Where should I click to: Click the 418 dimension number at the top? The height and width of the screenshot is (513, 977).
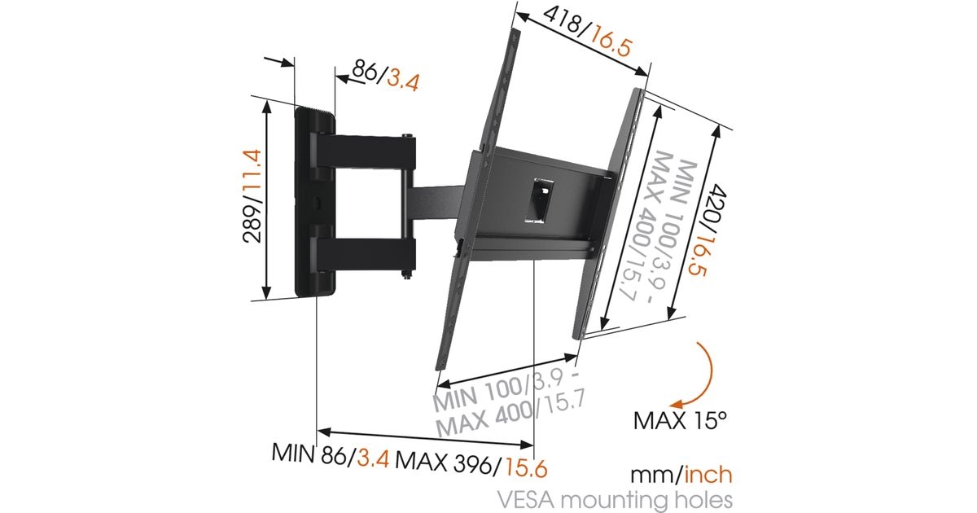pos(563,20)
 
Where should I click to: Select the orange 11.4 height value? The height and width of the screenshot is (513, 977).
pos(252,172)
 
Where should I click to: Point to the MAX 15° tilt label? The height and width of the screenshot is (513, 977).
pos(680,420)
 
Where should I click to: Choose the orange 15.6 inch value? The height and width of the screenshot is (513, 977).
pos(526,468)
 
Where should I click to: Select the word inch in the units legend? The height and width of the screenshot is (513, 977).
pos(708,475)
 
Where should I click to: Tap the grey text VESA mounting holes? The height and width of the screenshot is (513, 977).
pos(615,500)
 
